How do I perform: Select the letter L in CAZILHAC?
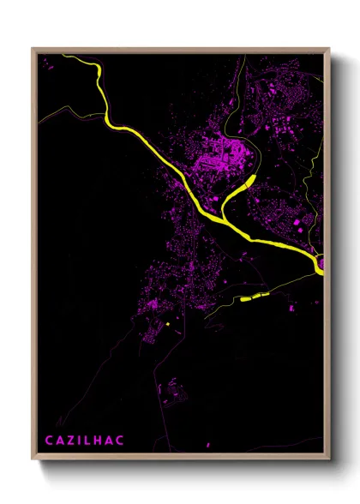pyautogui.click(x=91, y=441)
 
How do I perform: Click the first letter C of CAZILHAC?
pyautogui.click(x=48, y=441)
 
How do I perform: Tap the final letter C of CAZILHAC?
pyautogui.click(x=120, y=441)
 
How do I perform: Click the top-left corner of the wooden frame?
pyautogui.click(x=33, y=48)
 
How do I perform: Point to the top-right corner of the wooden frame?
pyautogui.click(x=330, y=48)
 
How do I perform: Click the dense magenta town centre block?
pyautogui.click(x=219, y=154)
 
